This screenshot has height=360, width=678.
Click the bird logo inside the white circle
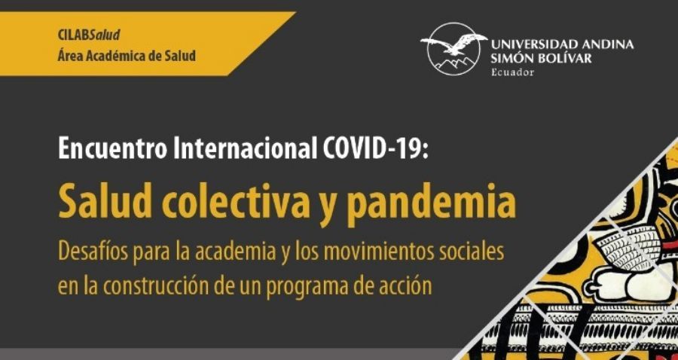454,43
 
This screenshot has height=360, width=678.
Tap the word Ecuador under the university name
512,72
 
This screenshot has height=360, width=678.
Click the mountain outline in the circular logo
452,63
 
